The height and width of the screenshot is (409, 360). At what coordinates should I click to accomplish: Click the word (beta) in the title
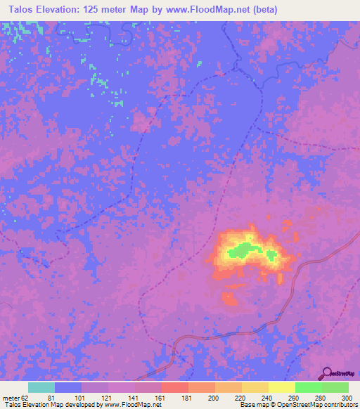(x=263, y=9)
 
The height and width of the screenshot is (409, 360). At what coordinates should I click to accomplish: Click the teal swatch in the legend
(x=41, y=387)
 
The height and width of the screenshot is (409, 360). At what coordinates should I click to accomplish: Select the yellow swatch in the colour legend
(x=281, y=387)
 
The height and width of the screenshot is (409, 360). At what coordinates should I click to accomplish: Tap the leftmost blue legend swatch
(x=67, y=387)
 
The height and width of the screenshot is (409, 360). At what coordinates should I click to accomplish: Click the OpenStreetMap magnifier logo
(x=328, y=374)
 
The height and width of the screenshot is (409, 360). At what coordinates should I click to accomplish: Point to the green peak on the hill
(x=243, y=249)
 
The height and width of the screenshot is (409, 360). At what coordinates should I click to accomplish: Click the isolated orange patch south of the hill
(x=230, y=300)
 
